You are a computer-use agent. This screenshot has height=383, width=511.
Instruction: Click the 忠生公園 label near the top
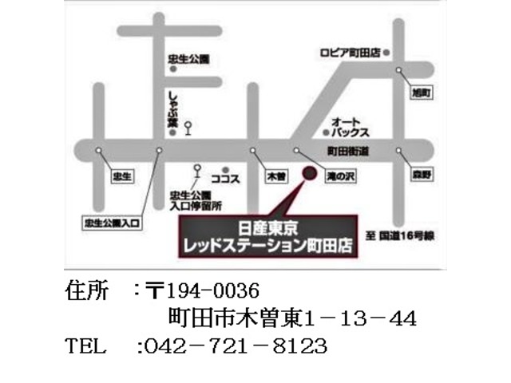coord(188,59)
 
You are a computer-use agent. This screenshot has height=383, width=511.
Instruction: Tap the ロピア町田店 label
coord(347,52)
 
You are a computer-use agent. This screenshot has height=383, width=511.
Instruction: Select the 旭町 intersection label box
coord(421,94)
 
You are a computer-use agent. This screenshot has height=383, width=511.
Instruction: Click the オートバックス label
coord(352,123)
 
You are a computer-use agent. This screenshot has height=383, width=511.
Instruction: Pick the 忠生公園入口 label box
coord(111,223)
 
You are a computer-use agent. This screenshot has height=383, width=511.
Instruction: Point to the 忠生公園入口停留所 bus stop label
coord(189,200)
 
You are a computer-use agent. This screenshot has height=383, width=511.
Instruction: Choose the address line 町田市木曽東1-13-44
coord(292,318)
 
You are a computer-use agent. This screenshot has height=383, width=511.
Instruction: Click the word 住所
coord(88,289)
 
